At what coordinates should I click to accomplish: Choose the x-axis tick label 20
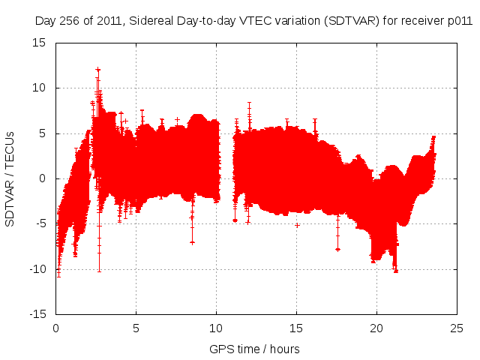(376, 328)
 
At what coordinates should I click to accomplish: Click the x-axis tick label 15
(296, 328)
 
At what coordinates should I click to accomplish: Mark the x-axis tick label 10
(216, 328)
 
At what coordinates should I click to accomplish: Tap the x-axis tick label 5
(136, 328)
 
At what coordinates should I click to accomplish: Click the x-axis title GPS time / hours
(255, 349)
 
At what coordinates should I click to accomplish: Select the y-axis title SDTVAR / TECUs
(10, 178)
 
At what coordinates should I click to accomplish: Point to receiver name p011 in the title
(460, 22)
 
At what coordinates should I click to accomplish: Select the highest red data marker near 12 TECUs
(98, 70)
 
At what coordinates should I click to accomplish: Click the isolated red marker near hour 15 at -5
(297, 225)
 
